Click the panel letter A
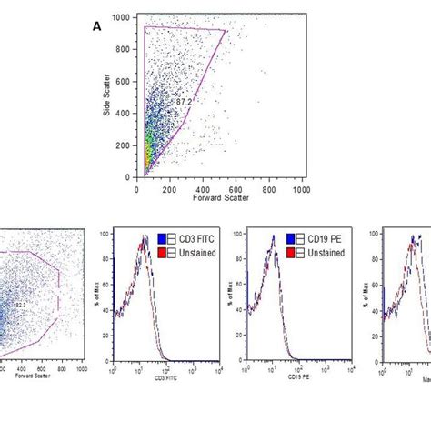(96, 26)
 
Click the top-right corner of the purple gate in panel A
(225, 30)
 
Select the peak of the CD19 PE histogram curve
(271, 238)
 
